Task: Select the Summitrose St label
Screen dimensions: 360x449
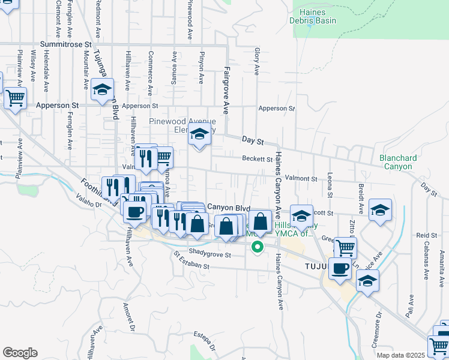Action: [65, 44]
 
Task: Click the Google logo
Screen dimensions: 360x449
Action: [20, 353]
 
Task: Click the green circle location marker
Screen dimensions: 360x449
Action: [258, 246]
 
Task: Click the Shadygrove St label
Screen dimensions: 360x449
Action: [209, 253]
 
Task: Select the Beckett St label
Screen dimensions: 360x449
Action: [258, 158]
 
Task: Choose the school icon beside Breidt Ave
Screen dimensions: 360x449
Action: [380, 210]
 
